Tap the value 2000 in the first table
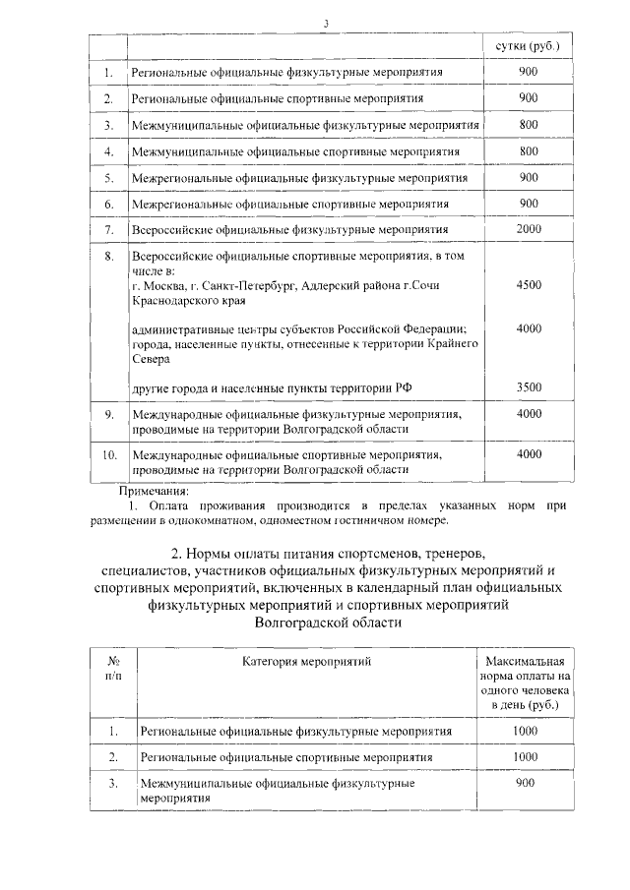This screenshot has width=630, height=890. tap(529, 229)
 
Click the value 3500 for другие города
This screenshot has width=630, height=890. tap(529, 388)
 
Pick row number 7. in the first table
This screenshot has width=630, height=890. tap(109, 229)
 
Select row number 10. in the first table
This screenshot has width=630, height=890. tap(109, 455)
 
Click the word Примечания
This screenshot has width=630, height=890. tap(158, 491)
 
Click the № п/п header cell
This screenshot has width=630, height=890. tap(113, 668)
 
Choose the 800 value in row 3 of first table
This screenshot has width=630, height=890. tap(529, 125)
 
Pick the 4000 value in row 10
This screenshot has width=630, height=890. tap(529, 454)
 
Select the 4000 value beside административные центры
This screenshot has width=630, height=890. tap(529, 328)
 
